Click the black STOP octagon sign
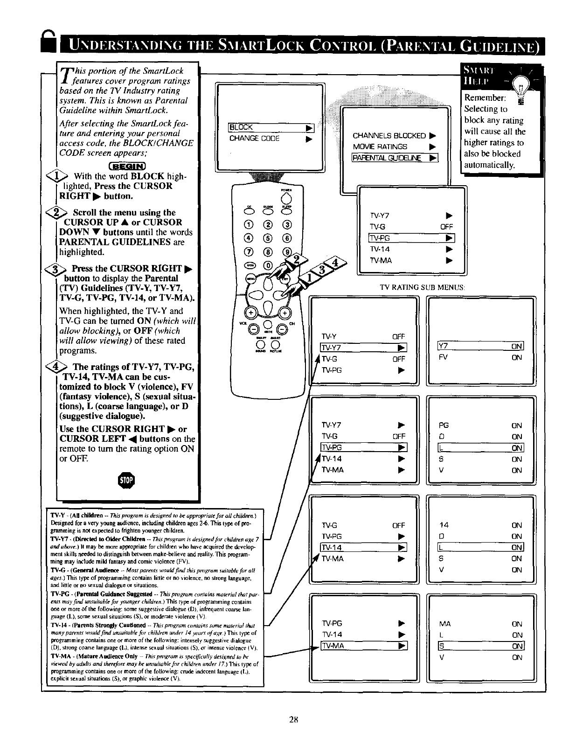[128, 481]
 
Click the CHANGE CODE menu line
[254, 139]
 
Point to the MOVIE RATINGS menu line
[380, 146]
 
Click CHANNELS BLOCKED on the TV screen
[389, 136]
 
